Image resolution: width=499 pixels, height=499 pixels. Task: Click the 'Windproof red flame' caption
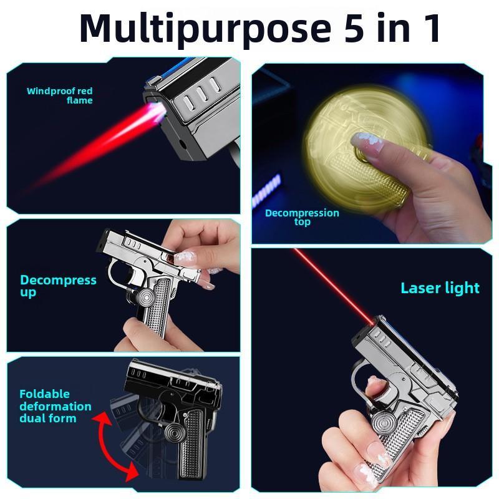tap(60, 95)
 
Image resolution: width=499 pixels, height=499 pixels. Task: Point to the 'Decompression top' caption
tap(302, 217)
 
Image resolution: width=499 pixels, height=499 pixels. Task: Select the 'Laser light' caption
tap(440, 288)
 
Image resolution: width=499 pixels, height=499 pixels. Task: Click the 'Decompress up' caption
tap(58, 286)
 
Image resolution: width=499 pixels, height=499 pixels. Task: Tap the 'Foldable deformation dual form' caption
tap(55, 406)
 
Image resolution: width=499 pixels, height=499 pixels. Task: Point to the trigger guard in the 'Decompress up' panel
tap(116, 274)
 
